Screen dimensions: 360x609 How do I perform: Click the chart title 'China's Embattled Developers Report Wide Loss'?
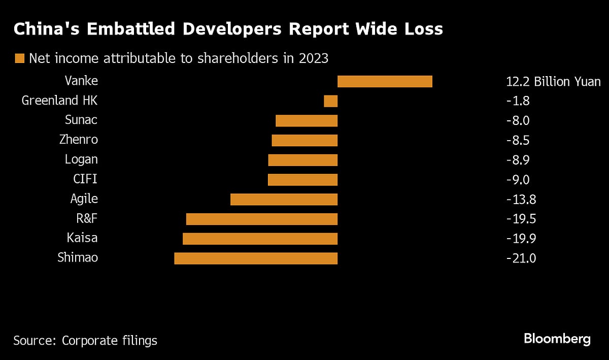(228, 29)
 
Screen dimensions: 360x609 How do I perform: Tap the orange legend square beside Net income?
(20, 58)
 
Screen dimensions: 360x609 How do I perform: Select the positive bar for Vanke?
(385, 81)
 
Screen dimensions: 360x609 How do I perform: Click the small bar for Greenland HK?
(330, 101)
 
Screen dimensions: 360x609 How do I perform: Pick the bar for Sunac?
(307, 120)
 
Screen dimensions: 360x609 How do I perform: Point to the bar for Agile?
(284, 199)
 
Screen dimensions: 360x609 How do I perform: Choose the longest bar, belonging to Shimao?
(256, 258)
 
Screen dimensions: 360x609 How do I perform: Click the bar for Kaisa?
(260, 238)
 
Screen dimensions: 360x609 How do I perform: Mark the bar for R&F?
(262, 219)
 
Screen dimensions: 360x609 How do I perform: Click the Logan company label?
(81, 159)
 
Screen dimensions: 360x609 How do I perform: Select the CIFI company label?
(85, 179)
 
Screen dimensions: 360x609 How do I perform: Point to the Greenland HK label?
(59, 101)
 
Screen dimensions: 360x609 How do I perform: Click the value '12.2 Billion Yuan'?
(553, 81)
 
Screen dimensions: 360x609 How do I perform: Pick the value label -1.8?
(518, 101)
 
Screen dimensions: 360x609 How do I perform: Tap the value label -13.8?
(521, 199)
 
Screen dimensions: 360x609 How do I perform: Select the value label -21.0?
(521, 258)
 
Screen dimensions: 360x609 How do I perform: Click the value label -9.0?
(518, 179)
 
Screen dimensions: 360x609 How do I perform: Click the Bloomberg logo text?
(557, 339)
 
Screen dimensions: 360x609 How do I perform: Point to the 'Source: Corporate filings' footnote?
(85, 340)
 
